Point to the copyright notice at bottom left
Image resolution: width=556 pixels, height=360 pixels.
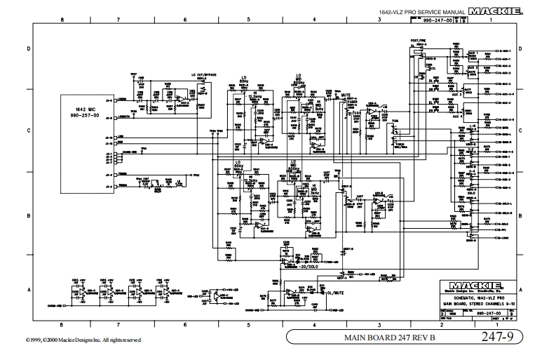coord(71,340)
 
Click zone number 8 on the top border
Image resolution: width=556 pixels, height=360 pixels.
coord(62,20)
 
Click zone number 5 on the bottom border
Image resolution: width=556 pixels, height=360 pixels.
coord(249,325)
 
